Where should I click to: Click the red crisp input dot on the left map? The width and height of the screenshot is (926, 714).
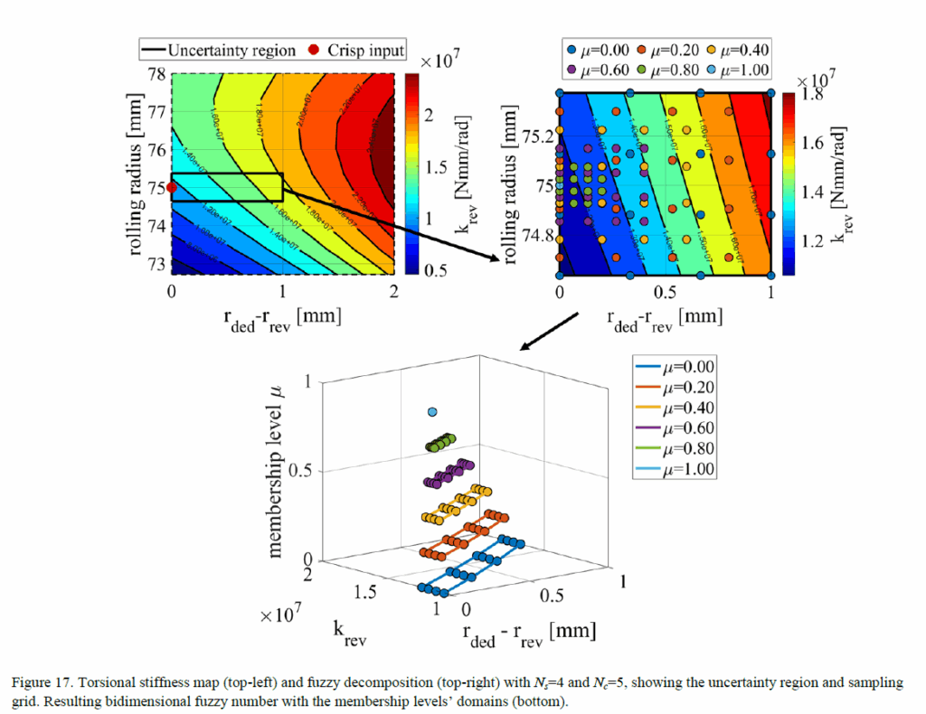(172, 187)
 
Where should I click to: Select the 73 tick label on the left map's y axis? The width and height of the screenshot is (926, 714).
(155, 264)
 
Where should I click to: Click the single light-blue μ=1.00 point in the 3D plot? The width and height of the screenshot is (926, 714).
(432, 412)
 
